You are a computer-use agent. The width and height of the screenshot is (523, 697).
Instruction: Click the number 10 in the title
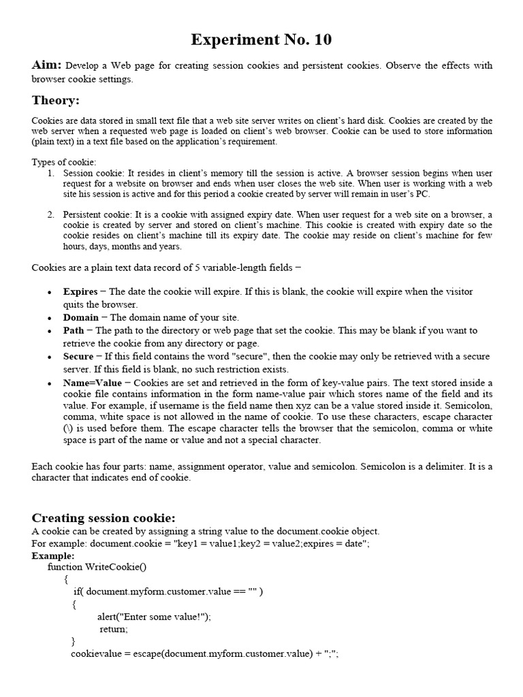(x=321, y=40)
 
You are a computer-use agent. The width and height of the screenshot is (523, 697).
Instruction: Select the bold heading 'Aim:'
(x=47, y=65)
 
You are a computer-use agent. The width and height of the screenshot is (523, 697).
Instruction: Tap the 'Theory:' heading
(x=55, y=101)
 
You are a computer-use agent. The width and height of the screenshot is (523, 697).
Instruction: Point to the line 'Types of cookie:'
(x=64, y=162)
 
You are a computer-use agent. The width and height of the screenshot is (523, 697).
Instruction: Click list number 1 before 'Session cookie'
(x=51, y=173)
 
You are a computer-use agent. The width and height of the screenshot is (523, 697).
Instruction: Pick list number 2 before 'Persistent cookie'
(x=51, y=214)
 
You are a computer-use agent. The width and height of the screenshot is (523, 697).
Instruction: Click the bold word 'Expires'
(x=80, y=291)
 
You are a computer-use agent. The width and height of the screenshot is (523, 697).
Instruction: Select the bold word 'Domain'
(x=80, y=317)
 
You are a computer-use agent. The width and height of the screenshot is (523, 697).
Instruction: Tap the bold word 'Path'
(x=74, y=330)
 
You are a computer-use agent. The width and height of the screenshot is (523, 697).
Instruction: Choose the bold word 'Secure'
(x=78, y=356)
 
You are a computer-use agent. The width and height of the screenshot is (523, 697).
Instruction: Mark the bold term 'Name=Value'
(x=93, y=383)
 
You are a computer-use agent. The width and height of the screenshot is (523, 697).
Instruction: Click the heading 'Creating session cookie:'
(x=104, y=518)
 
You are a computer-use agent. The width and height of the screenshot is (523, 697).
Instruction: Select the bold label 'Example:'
(x=53, y=555)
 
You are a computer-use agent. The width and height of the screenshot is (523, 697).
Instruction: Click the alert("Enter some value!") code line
(x=154, y=617)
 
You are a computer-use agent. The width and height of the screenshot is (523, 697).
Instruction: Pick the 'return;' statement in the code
(x=114, y=629)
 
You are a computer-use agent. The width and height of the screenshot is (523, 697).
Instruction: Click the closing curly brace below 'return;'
(x=74, y=641)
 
